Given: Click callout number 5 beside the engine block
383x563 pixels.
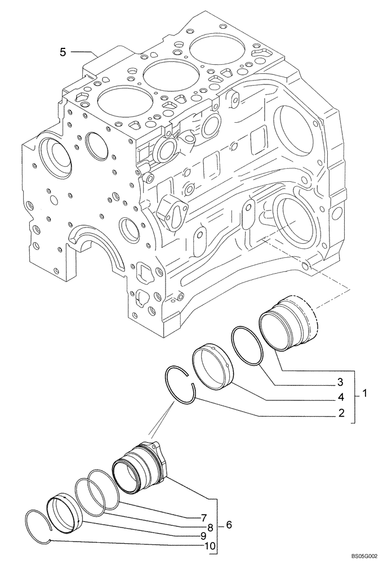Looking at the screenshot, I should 63,52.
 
